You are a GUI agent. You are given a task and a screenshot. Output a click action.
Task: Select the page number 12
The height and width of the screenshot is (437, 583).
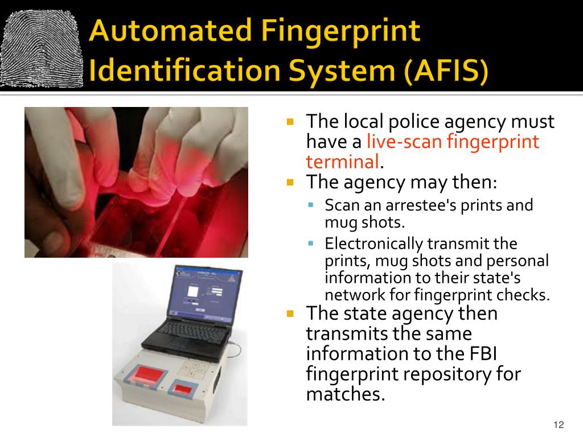(557, 425)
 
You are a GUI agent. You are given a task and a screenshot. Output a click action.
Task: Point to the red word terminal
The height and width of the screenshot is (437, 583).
(342, 162)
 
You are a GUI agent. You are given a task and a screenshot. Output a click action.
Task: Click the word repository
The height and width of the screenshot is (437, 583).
(440, 374)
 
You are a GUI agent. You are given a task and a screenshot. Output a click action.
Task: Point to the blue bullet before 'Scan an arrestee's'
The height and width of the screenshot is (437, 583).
(311, 204)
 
